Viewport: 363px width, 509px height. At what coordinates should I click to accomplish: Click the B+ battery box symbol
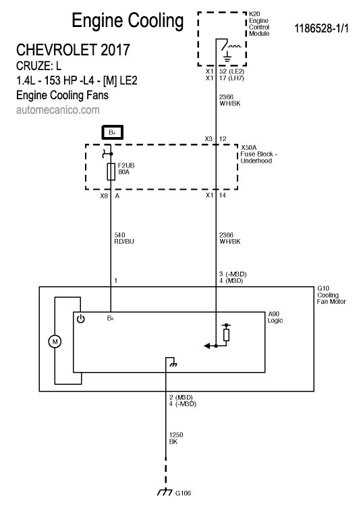112,132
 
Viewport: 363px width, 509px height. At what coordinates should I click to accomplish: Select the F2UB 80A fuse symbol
111,171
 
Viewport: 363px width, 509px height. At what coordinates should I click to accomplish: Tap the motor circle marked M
55,341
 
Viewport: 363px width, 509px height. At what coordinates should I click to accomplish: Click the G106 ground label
183,493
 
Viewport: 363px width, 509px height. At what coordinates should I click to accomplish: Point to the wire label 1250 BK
176,438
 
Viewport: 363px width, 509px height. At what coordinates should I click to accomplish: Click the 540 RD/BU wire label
124,238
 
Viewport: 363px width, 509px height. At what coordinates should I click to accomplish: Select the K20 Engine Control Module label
259,24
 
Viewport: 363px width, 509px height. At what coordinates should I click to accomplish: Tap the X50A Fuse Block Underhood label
258,154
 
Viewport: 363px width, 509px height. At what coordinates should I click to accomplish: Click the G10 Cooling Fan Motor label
331,295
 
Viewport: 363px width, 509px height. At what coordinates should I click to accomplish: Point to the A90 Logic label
275,317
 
